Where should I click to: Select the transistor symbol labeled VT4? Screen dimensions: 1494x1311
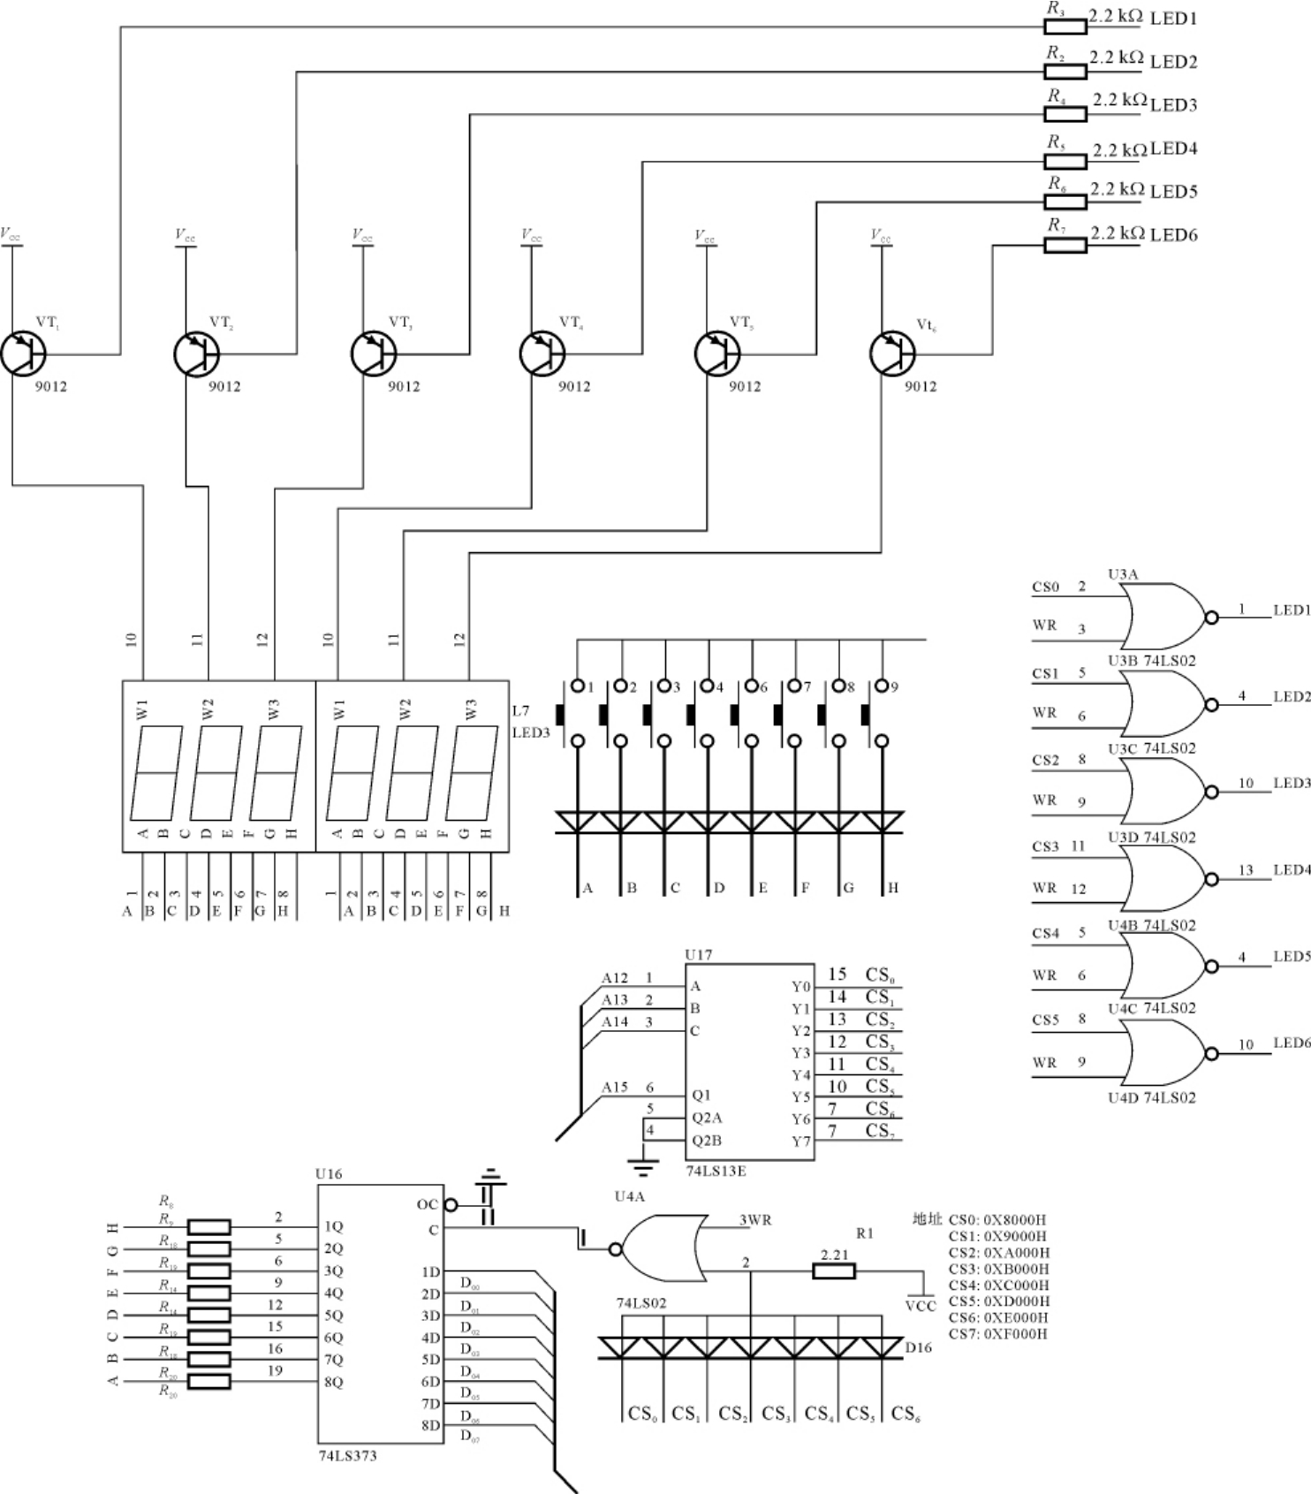[542, 354]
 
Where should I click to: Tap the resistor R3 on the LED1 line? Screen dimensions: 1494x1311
[1065, 27]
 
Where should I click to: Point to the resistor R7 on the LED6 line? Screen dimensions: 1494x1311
[1065, 245]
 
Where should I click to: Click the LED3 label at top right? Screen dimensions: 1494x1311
[1173, 105]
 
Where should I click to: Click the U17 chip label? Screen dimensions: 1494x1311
[698, 955]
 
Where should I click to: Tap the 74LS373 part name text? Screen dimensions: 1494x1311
[347, 1456]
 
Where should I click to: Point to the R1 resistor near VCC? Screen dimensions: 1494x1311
[833, 1271]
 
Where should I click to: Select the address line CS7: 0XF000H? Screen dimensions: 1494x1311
[997, 1334]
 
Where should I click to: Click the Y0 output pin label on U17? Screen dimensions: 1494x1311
[800, 987]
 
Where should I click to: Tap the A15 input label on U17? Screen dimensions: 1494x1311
[615, 1088]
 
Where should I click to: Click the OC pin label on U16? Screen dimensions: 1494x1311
[427, 1204]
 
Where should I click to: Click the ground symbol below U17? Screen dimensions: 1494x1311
[645, 1168]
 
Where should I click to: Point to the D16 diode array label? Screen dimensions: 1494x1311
[918, 1347]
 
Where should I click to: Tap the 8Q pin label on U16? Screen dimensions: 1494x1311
[333, 1382]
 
